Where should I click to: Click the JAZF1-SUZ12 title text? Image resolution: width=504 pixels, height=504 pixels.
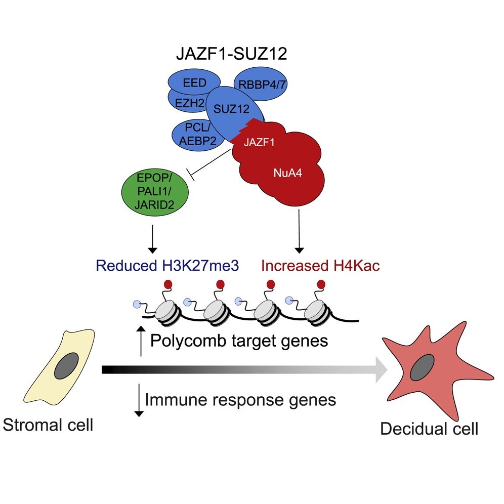(231, 54)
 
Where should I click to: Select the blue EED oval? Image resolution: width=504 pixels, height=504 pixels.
(194, 82)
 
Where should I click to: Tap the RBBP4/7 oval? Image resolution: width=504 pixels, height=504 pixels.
(261, 84)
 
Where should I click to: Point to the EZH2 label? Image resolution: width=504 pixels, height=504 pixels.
(189, 103)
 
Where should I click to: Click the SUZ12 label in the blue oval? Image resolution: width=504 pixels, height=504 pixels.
(231, 109)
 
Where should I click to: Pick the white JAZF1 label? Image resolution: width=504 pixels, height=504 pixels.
(259, 142)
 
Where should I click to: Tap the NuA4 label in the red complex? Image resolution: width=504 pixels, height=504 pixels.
(288, 173)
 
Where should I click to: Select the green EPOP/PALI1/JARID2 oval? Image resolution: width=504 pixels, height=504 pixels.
(155, 192)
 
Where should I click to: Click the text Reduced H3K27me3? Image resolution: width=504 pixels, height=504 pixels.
(167, 266)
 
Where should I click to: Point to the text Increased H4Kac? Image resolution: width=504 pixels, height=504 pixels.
(320, 266)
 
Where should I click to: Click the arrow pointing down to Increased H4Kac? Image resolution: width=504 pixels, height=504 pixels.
(299, 231)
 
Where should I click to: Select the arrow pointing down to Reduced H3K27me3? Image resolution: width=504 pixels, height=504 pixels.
(152, 239)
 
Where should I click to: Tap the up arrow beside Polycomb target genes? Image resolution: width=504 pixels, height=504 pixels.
(141, 341)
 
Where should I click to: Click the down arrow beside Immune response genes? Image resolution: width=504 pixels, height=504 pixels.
(139, 400)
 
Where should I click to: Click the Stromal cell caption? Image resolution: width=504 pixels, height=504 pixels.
(48, 425)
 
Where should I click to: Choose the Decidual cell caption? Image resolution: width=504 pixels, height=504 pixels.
(429, 429)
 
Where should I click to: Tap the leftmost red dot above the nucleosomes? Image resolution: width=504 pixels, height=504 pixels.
(168, 284)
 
